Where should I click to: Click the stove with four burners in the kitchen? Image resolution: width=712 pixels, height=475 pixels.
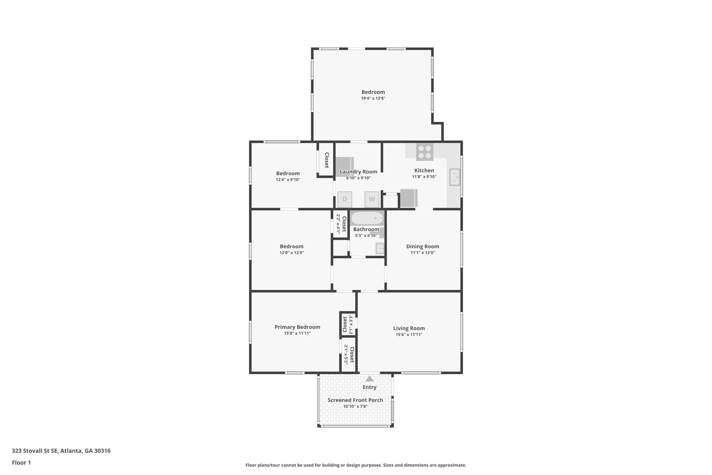(x=424, y=152)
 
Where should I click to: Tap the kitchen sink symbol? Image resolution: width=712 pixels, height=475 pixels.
(x=455, y=177)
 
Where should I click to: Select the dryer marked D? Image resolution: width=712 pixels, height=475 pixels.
(x=345, y=199)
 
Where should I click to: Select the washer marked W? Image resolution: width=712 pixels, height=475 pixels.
(x=372, y=199)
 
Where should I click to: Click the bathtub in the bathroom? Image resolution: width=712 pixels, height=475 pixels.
(x=367, y=219)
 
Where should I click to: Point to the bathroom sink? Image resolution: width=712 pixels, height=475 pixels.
(x=380, y=248)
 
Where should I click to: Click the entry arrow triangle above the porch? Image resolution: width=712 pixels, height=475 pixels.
(x=370, y=379)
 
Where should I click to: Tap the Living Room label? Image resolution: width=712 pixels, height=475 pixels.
(x=409, y=328)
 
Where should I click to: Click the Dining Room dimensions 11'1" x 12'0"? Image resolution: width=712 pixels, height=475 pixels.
(x=422, y=253)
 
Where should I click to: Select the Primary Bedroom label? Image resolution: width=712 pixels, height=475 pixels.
(x=297, y=327)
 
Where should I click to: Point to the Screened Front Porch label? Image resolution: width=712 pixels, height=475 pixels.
(x=355, y=400)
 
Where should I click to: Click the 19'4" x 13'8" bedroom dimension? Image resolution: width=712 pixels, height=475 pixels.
(x=373, y=98)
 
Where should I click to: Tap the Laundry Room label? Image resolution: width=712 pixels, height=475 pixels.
(x=358, y=172)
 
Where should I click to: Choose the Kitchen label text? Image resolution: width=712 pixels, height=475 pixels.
(x=424, y=171)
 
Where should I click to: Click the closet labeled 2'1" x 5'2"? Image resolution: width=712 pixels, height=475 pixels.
(x=349, y=355)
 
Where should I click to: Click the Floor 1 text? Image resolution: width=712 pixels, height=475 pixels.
(x=21, y=462)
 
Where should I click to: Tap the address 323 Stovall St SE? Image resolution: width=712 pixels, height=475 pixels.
(x=61, y=451)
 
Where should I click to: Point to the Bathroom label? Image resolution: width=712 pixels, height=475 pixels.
(x=366, y=229)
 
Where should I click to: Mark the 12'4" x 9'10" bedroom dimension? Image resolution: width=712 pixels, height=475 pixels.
(x=288, y=180)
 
